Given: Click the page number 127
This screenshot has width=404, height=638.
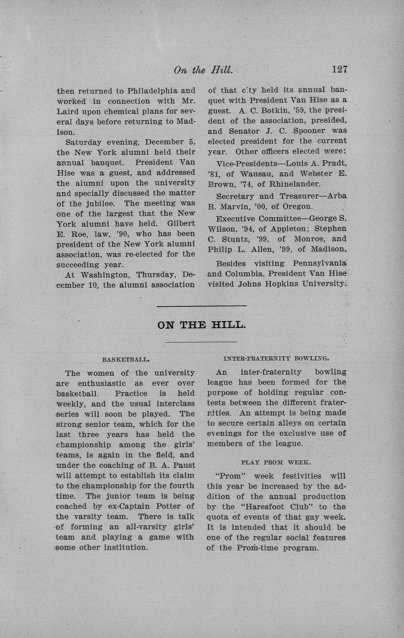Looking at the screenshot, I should pos(339,69).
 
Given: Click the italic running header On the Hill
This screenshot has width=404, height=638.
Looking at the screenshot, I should pos(203,70).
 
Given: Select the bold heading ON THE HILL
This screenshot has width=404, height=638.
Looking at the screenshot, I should pos(202,325).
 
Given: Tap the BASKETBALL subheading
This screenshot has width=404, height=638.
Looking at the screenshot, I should pos(126,360).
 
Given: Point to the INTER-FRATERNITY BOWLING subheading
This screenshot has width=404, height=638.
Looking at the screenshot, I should pos(276,359).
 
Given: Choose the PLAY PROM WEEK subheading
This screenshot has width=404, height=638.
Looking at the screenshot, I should pos(276,463).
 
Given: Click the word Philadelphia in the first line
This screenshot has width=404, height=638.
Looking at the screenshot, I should pos(152,91).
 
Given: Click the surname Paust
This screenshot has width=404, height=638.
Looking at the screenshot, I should pos(183,465).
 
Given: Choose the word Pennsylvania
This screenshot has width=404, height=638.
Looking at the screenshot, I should pos(319,264).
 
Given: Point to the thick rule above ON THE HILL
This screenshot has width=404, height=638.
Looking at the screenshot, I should pos(202,306).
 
